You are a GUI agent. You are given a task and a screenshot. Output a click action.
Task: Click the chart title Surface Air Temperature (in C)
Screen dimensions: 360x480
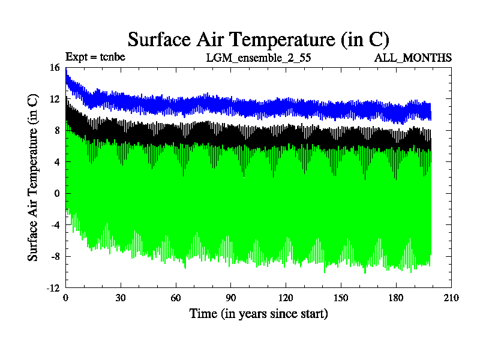point(258,40)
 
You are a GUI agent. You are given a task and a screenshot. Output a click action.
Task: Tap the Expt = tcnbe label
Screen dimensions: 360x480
point(95,58)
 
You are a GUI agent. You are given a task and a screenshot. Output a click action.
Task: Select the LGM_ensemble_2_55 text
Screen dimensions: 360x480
point(258,58)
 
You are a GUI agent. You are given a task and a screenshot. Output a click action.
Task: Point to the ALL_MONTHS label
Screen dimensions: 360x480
point(413,58)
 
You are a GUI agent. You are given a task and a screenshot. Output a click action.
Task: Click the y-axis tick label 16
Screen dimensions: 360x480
point(55,68)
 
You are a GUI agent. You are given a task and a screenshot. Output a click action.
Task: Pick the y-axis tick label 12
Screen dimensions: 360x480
point(55,99)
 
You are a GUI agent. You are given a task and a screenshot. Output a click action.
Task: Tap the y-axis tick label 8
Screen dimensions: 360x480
point(57,131)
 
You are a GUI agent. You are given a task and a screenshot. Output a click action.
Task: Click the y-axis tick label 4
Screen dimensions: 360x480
point(57,162)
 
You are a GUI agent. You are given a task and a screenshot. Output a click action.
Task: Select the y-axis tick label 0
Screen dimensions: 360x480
point(57,194)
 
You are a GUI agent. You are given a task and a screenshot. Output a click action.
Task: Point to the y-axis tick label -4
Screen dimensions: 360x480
point(55,225)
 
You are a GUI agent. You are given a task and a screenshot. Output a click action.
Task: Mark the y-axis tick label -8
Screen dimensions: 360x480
point(55,257)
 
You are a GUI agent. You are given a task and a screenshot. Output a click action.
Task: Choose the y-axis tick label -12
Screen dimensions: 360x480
point(53,288)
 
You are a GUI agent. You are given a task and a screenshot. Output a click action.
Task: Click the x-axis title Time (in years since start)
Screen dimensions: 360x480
point(258,314)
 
